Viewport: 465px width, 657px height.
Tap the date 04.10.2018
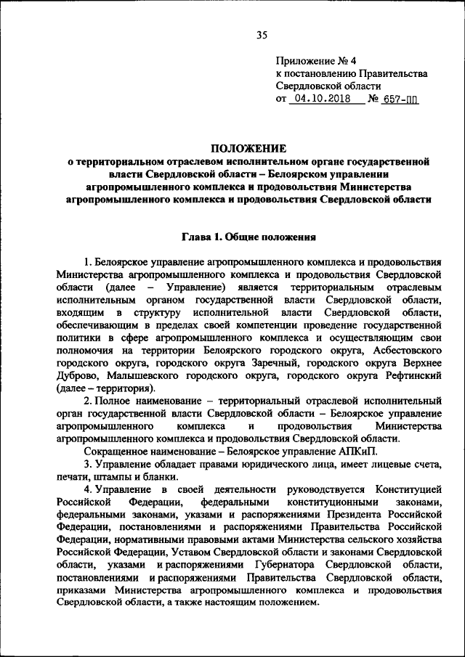pyautogui.click(x=324, y=99)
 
